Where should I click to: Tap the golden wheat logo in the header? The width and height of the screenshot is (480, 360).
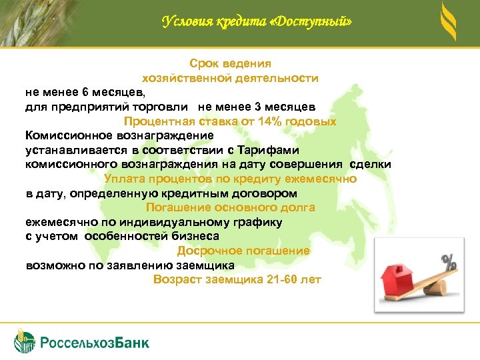[449, 21]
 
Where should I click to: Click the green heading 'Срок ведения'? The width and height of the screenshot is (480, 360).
[230, 64]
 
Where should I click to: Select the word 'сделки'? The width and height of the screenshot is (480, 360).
[370, 165]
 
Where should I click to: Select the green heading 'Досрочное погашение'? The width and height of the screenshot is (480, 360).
[243, 251]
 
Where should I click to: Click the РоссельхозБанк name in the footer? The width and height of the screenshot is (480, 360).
[95, 343]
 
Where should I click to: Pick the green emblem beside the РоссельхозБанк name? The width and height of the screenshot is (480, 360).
[25, 340]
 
